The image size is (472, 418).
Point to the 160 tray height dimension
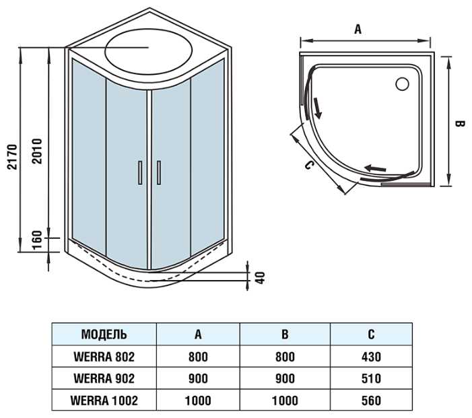38,239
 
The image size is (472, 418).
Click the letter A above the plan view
358,29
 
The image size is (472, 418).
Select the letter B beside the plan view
459,124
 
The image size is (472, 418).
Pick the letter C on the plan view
308,166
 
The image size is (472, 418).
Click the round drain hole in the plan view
403,84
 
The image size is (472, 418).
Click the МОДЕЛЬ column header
104,335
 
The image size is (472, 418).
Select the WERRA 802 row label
104,357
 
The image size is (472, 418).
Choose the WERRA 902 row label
104,378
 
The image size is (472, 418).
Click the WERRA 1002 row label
104,400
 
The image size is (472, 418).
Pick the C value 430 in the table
370,357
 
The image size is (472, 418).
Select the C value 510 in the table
370,378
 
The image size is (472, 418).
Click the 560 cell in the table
370,400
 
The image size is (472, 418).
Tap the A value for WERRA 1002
198,400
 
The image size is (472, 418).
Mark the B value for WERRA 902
285,378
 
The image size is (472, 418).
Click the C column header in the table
370,335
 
